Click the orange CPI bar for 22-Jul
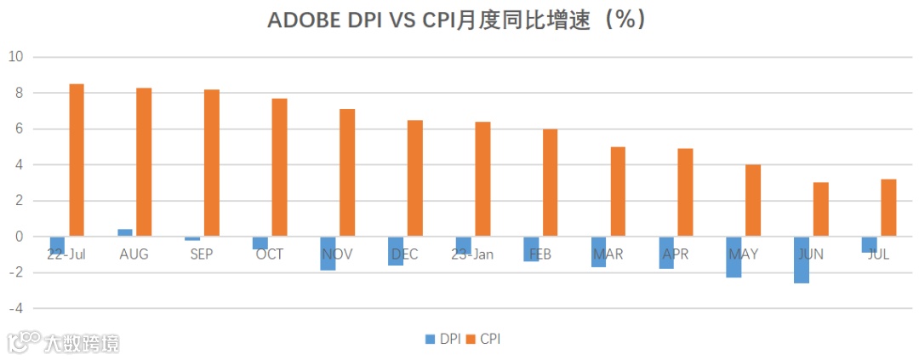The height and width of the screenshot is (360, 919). coord(77,160)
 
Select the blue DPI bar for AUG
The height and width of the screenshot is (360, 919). coord(125,232)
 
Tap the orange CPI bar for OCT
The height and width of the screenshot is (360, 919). coord(279,168)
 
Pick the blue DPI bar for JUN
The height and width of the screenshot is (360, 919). coord(802,260)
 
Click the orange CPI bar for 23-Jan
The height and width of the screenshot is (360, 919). coord(482,179)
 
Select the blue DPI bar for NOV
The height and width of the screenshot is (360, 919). coord(328,254)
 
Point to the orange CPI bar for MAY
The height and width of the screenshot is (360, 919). coord(753,201)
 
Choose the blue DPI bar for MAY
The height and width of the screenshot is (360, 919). coord(733,257)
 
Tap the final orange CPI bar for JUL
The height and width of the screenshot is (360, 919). coord(888,208)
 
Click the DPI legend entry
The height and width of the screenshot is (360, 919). coord(443,339)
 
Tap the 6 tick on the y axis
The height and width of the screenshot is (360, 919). coord(17,129)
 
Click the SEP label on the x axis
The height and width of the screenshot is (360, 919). coord(202,254)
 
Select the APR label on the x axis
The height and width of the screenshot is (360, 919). coord(675,254)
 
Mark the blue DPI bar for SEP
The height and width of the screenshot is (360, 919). coord(192,239)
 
